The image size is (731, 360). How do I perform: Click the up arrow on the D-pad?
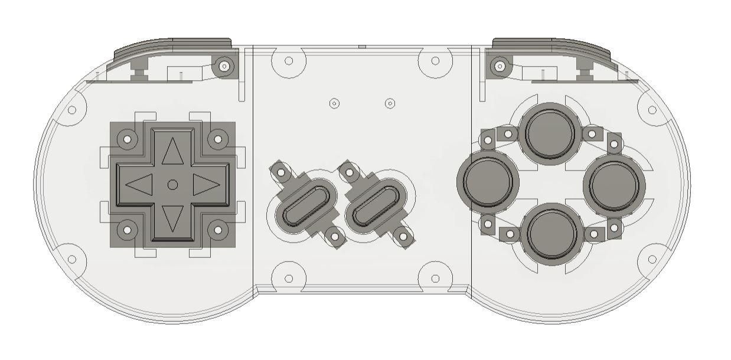point(172,152)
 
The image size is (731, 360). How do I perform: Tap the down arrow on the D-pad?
point(172,218)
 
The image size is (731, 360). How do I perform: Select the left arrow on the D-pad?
point(140,185)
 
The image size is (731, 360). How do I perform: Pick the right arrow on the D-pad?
point(205,185)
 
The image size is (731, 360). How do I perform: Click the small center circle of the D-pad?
point(172,185)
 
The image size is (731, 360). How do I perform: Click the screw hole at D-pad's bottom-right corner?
point(218,230)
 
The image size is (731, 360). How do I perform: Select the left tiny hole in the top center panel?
point(334,103)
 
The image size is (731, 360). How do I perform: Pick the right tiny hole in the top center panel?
point(390,103)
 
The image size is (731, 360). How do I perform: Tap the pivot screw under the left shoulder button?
point(224,66)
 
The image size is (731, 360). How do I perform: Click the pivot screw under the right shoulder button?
point(500,66)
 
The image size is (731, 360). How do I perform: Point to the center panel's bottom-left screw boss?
point(289,278)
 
